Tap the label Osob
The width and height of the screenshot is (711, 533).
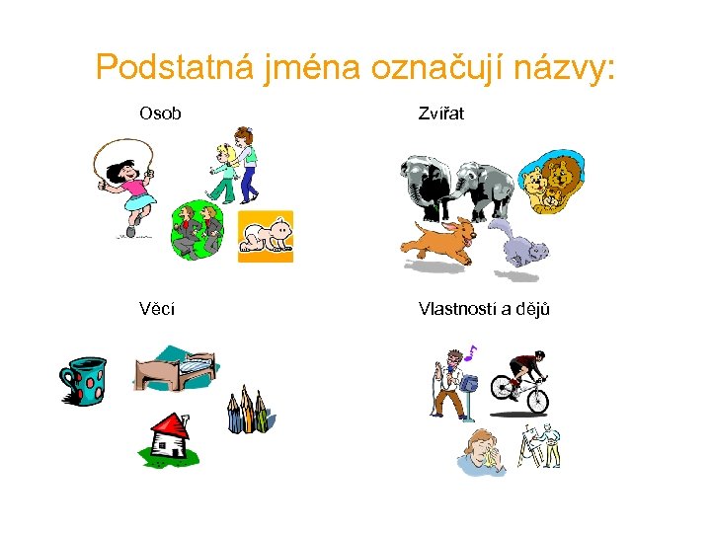point(160,114)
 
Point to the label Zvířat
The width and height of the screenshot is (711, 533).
point(440,114)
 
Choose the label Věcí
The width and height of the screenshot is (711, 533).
point(158,309)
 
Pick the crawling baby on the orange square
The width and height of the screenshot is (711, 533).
point(267,237)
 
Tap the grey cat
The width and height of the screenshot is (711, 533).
point(520,246)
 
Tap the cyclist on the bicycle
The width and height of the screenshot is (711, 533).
point(520,381)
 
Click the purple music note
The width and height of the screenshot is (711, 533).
point(471,351)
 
